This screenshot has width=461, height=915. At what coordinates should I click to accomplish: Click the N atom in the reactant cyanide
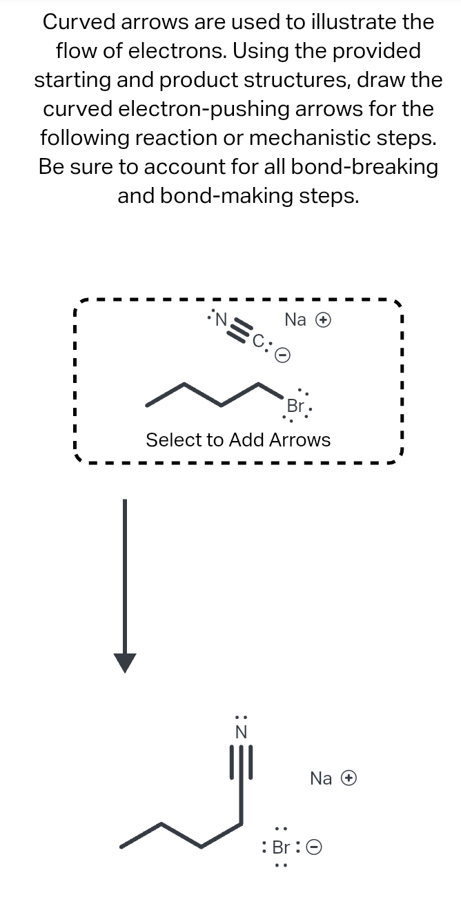coord(222,319)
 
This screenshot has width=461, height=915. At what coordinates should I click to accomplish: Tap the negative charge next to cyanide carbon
coord(282,354)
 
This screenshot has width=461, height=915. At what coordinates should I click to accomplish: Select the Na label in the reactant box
coord(295,319)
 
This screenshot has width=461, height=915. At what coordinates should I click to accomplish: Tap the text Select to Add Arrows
coord(238,440)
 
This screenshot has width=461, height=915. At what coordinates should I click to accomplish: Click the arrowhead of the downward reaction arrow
coord(125,662)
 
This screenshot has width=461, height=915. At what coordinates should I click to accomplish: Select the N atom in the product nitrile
coord(242,732)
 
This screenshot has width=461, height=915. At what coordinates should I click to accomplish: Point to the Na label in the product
coord(321,778)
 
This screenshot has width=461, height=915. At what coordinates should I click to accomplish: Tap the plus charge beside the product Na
coord(351,778)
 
